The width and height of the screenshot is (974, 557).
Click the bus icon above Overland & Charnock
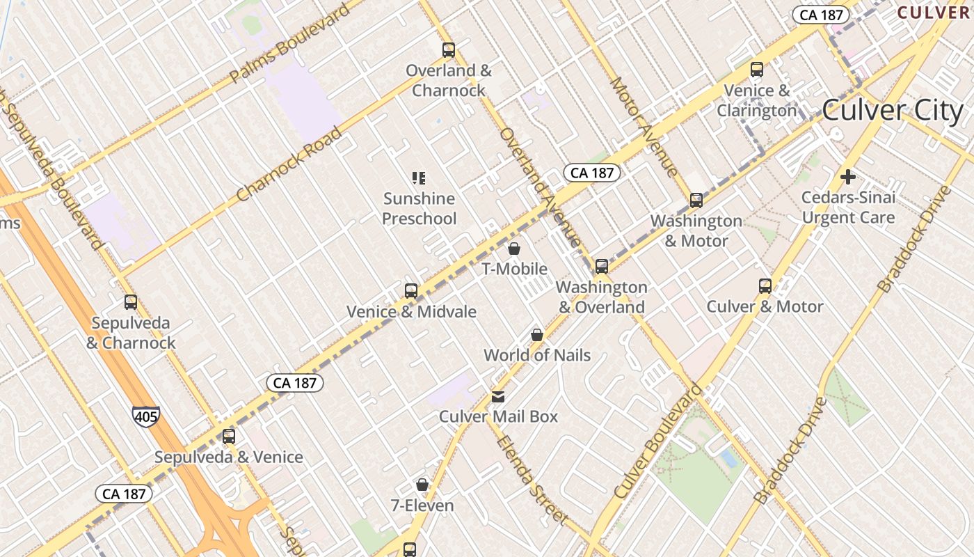tap(449, 50)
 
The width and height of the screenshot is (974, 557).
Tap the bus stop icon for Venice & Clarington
tap(757, 70)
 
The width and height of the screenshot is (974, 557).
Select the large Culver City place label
tap(893, 110)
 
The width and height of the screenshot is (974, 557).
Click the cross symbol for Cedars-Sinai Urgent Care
tap(847, 177)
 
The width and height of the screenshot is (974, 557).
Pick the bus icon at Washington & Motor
tap(696, 201)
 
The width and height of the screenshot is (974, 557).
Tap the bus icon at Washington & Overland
tap(602, 266)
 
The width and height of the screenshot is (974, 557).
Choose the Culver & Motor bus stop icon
tap(765, 285)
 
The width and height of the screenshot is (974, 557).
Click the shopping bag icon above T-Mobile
tap(514, 249)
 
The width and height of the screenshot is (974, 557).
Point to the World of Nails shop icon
tap(537, 335)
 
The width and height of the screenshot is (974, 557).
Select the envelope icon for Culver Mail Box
tap(498, 397)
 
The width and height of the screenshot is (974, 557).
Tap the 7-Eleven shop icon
tap(422, 485)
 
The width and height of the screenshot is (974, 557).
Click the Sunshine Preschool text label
tap(420, 209)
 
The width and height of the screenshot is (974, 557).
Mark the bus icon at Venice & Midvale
tap(411, 290)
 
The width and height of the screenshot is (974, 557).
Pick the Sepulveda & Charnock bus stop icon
tap(131, 302)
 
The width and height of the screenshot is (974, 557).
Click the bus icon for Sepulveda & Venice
tap(229, 437)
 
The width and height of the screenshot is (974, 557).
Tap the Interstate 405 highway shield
tap(146, 416)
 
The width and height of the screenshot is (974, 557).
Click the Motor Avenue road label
tap(644, 127)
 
